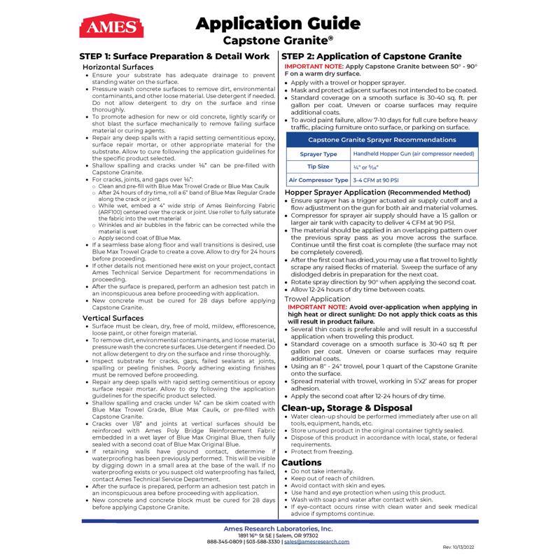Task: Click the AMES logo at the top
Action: point(103,28)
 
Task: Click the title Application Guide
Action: point(279,23)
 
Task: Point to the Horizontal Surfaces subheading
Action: point(118,66)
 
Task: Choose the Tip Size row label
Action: point(318,167)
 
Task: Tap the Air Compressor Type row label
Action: point(318,181)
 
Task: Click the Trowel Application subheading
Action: point(318,298)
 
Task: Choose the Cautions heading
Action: point(302,463)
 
